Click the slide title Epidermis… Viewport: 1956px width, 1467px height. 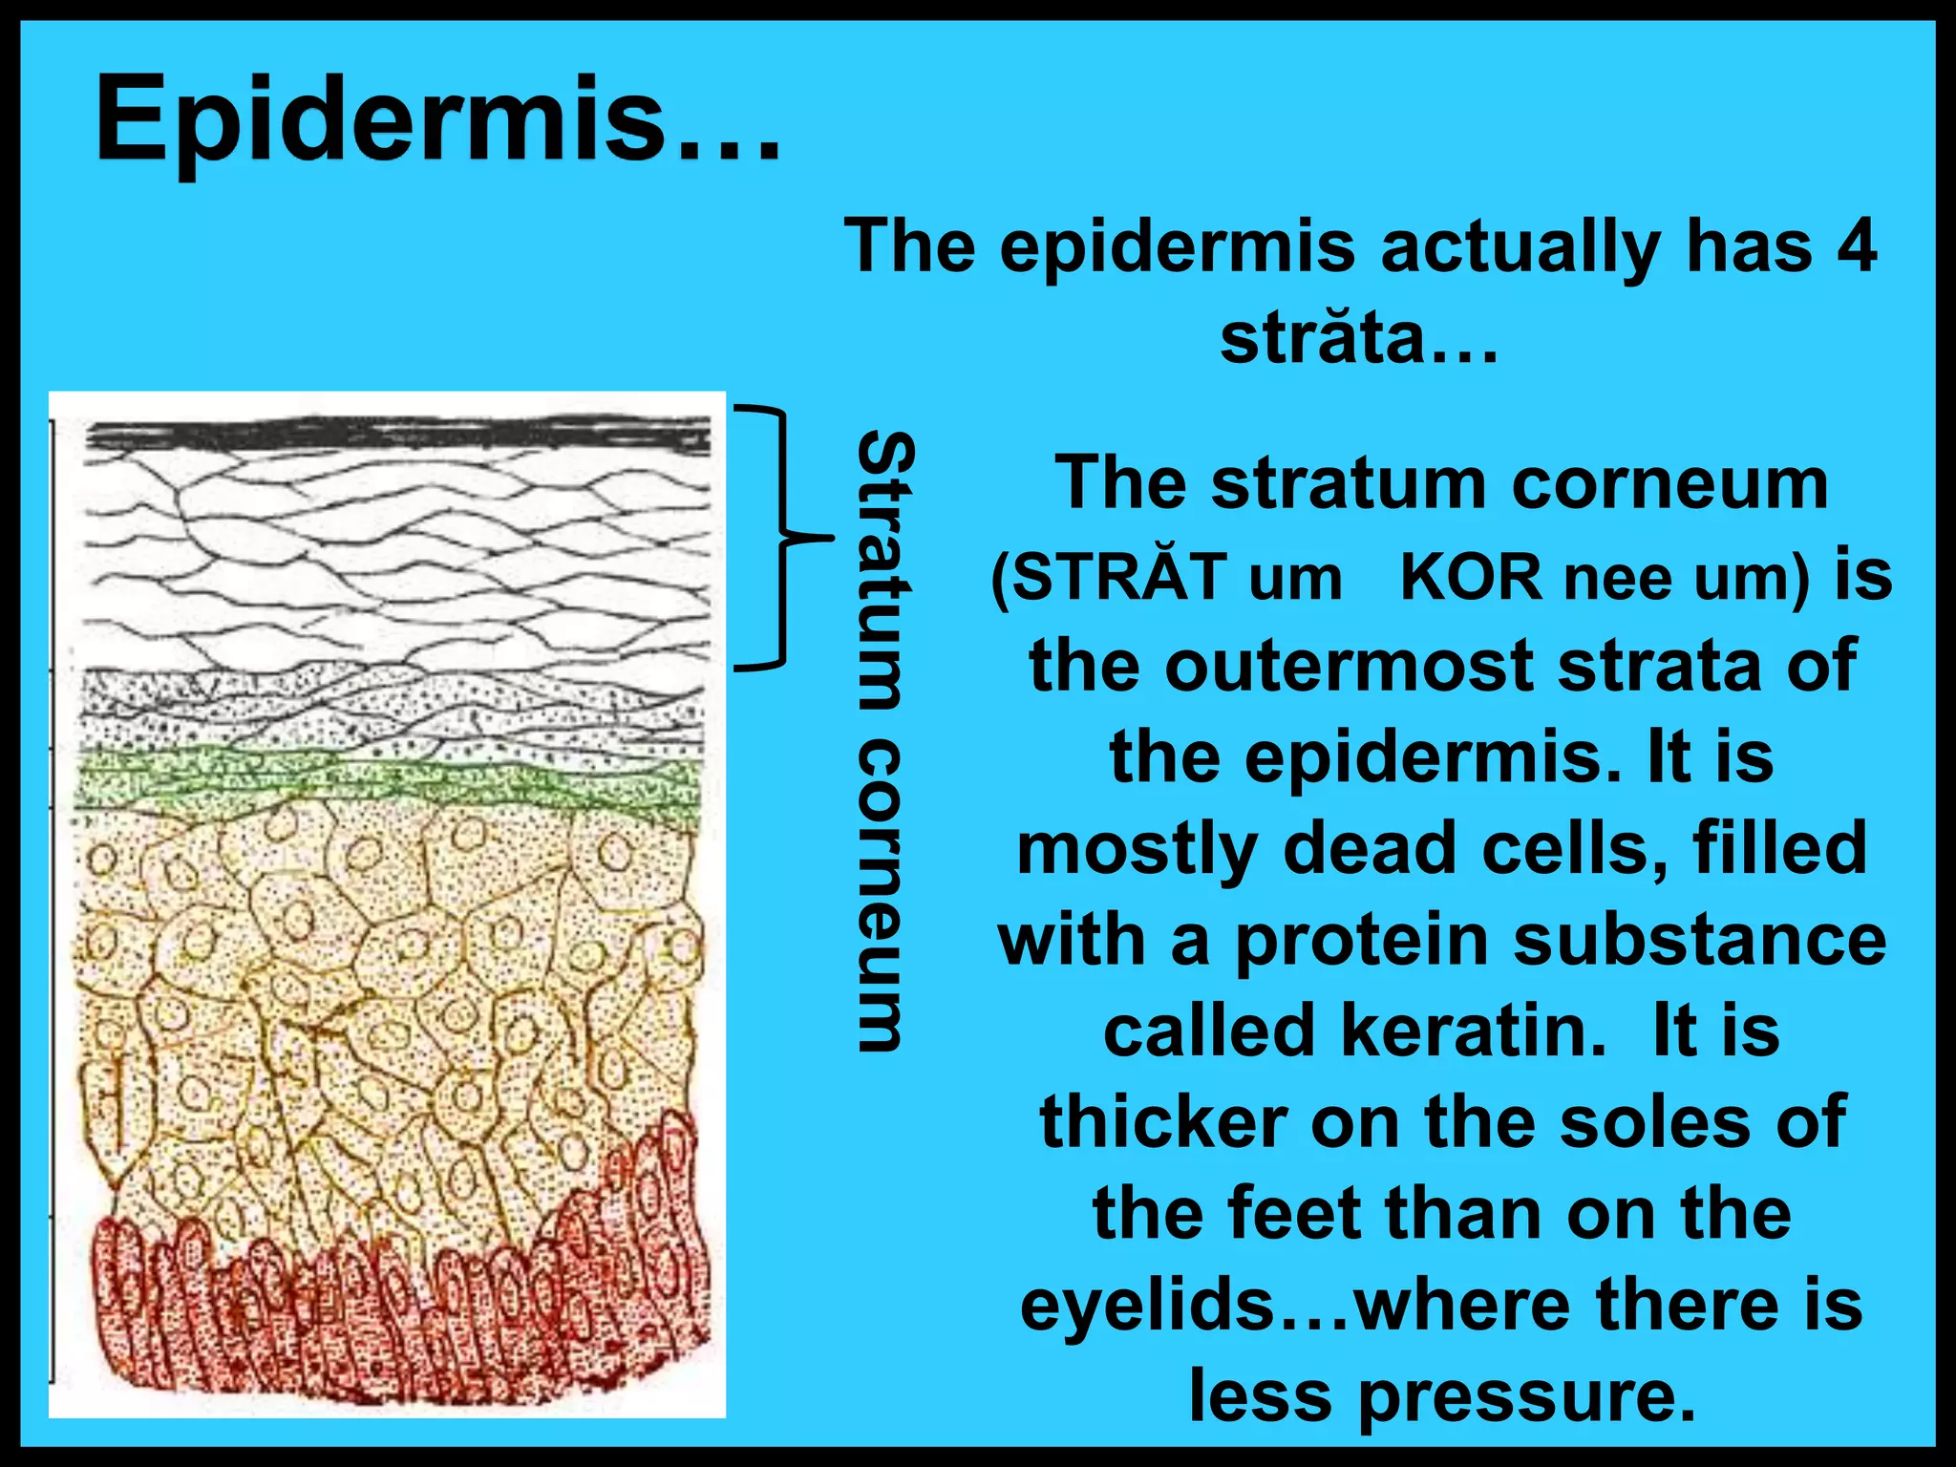pyautogui.click(x=437, y=122)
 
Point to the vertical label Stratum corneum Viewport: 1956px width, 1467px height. pyautogui.click(x=883, y=740)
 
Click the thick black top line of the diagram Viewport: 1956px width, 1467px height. pyautogui.click(x=397, y=436)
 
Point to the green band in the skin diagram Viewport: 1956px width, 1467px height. pyautogui.click(x=387, y=781)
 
